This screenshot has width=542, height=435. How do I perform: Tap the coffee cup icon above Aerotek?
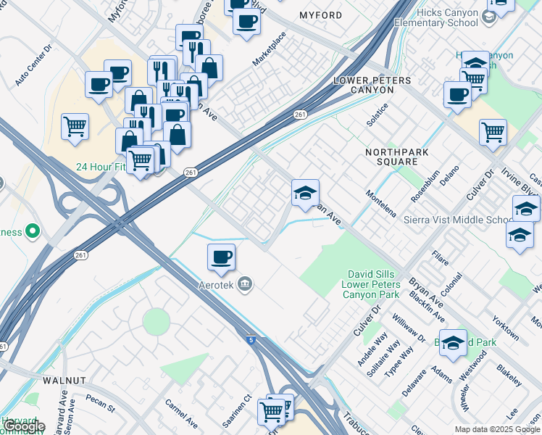point(221,256)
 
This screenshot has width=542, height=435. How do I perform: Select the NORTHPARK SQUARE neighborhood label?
point(391,157)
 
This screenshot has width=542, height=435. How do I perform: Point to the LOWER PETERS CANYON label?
point(372,85)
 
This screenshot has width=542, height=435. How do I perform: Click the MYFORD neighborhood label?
point(320,15)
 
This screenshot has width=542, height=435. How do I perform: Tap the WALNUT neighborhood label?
point(64,380)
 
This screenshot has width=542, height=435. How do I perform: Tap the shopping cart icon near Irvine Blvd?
point(493,132)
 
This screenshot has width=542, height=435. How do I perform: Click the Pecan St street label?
point(101,403)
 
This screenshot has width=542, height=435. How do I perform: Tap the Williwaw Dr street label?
point(409,328)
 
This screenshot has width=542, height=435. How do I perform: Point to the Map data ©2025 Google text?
point(497,429)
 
